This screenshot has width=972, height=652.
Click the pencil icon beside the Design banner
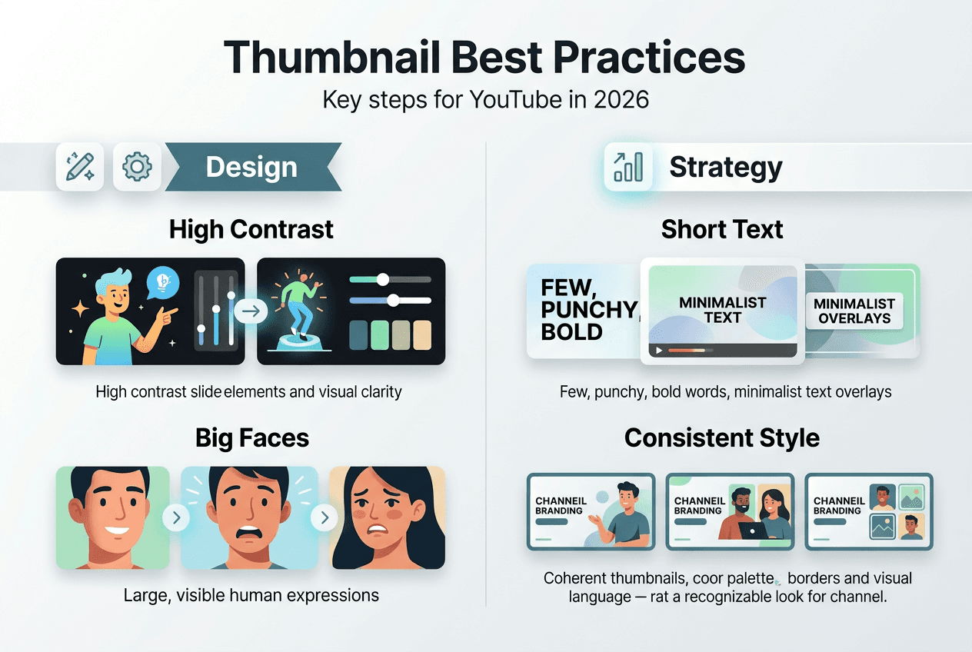pos(80,167)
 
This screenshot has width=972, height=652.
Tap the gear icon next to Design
pos(137,167)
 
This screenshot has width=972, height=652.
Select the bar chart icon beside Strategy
pos(628,167)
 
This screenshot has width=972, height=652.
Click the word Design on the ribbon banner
pos(251,167)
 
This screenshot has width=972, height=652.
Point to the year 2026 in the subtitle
pos(621,100)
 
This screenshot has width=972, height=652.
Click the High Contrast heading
pos(251,229)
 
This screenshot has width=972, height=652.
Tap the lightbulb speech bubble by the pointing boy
pos(163,282)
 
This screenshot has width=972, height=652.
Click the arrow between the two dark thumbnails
pos(251,311)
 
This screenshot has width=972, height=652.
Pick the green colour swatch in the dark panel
pos(380,335)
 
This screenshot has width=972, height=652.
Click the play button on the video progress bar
pos(659,351)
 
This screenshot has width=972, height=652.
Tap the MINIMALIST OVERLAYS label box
pos(854,311)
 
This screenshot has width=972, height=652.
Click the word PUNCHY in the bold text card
pos(589,310)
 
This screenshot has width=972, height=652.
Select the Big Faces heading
pos(252,437)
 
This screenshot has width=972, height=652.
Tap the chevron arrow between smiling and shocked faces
pos(176,517)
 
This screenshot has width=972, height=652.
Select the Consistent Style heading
pos(722,437)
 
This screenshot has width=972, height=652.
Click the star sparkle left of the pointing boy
pos(80,309)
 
